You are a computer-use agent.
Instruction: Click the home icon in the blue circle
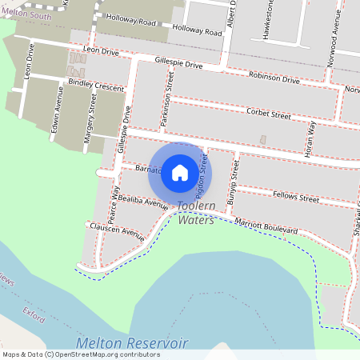(x=180, y=172)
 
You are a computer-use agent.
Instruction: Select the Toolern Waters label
(x=196, y=213)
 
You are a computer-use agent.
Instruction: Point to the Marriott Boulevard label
(x=266, y=226)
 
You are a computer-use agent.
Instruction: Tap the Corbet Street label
(x=268, y=114)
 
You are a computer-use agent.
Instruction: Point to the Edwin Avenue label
(x=55, y=116)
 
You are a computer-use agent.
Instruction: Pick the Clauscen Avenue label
(x=117, y=231)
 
